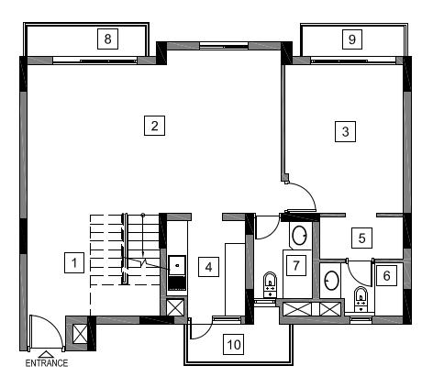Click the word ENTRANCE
coord(47,363)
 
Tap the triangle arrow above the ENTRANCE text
coord(46,355)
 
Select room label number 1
coord(74,262)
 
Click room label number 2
coord(154,126)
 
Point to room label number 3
coord(345,131)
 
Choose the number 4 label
coord(208,267)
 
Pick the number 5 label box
coord(361,238)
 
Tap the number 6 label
coord(386,275)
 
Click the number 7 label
coord(295,265)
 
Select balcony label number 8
coord(107,39)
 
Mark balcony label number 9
coord(352,39)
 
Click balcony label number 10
coord(234,344)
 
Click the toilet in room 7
coord(270,284)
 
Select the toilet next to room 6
coord(361,299)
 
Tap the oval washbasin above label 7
coord(299,235)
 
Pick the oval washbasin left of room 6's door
coord(331,280)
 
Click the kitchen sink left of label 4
coord(177,265)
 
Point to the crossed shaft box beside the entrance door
coord(81,334)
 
